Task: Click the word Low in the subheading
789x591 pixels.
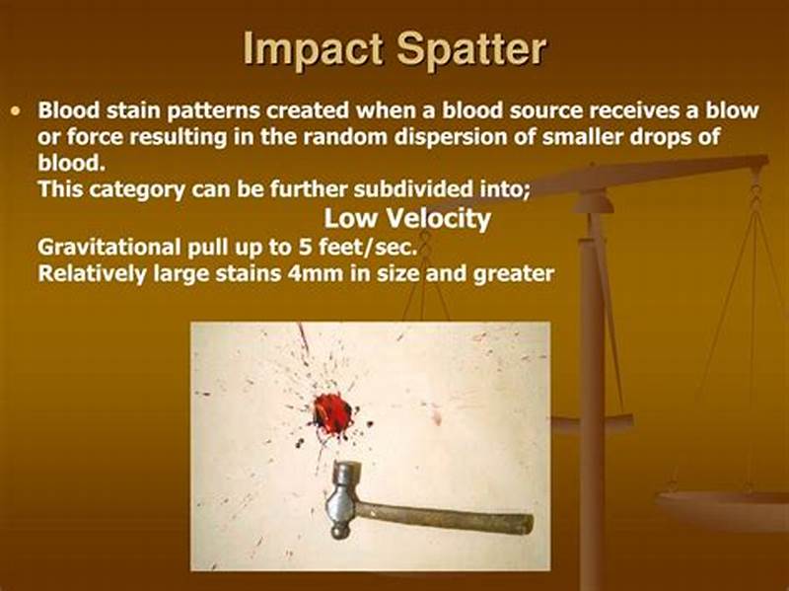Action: [352, 218]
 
